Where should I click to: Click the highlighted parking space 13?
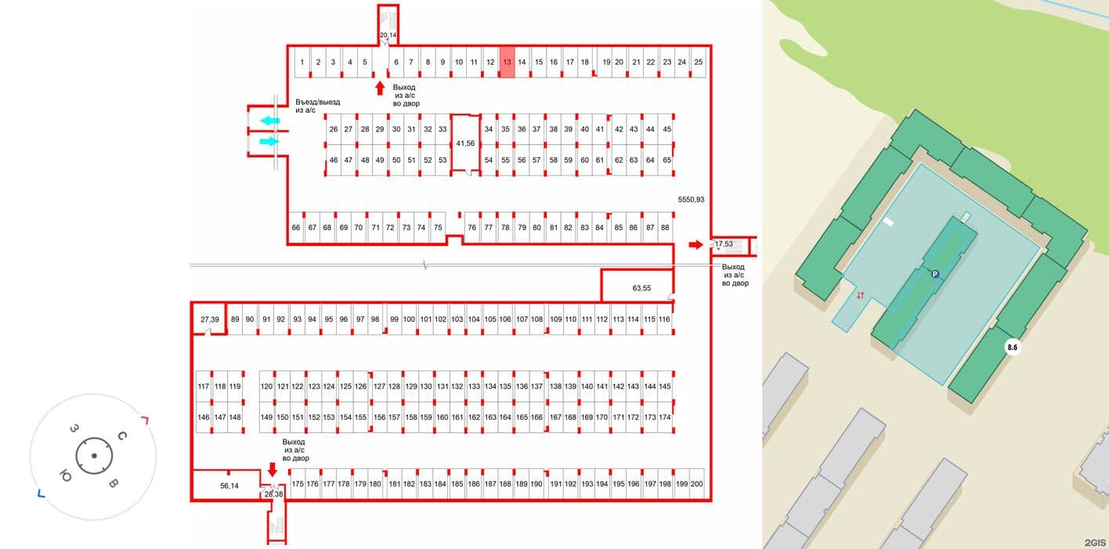(507, 62)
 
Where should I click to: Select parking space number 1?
(302, 62)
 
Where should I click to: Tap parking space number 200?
(696, 484)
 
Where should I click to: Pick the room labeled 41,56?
(465, 143)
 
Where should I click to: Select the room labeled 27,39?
(209, 320)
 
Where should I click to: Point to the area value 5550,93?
(691, 200)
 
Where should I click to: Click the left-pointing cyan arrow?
(270, 121)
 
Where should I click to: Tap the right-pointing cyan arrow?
(269, 142)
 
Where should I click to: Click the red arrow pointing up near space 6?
(380, 88)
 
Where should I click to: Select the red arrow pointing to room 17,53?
(695, 244)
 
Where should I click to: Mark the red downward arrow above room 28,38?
(272, 469)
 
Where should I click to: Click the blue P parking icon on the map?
(934, 274)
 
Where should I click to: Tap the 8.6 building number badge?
(1013, 348)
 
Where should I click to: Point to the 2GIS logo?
(1095, 543)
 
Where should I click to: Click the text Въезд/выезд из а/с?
(317, 106)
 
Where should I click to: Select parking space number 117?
(204, 386)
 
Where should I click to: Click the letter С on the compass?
(122, 436)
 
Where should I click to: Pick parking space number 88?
(665, 227)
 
